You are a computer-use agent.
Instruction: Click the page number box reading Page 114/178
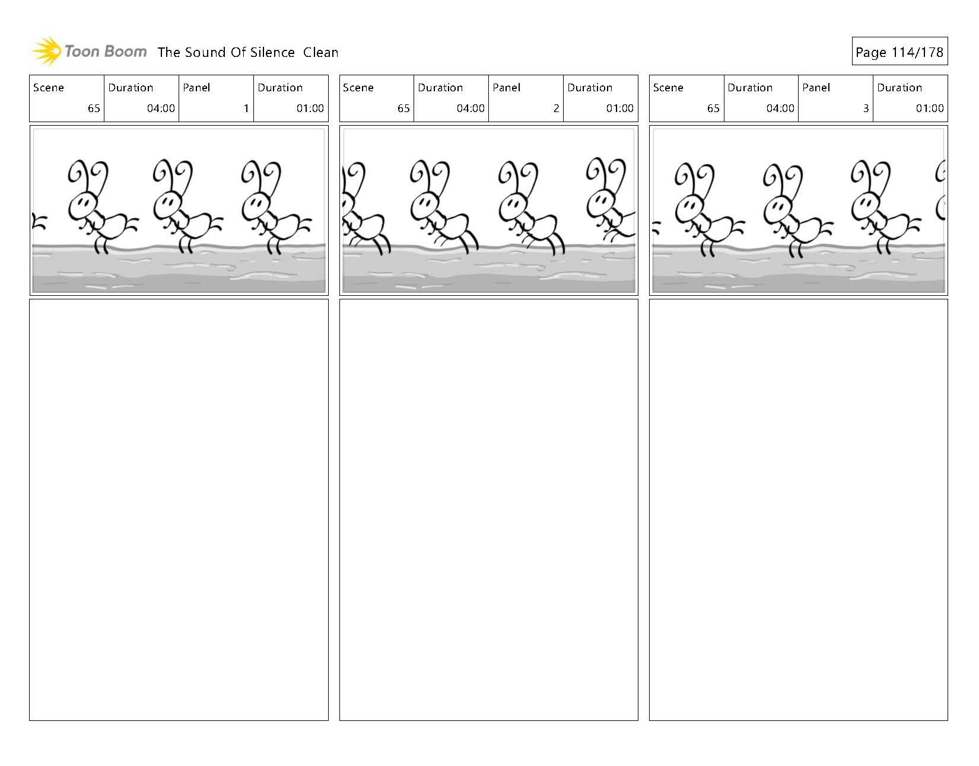(x=899, y=52)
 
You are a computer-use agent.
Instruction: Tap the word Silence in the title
(x=272, y=52)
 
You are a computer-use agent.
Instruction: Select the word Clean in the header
(x=320, y=52)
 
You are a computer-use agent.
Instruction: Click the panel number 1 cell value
(x=246, y=108)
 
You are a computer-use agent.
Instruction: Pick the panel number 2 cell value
(x=556, y=108)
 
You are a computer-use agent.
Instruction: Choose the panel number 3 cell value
(x=866, y=108)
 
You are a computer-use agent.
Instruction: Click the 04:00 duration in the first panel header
(x=161, y=108)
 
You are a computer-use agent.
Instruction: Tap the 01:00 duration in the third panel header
(x=930, y=108)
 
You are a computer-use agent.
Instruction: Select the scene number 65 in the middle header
(x=403, y=108)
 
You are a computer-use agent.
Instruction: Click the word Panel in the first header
(x=196, y=88)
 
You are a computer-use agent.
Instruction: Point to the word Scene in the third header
(x=668, y=88)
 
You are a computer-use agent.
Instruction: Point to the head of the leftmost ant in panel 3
(x=688, y=208)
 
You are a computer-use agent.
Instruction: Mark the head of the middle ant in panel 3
(x=776, y=208)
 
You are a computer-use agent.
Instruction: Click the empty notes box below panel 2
(x=488, y=510)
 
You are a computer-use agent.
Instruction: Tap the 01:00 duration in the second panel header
(x=620, y=108)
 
